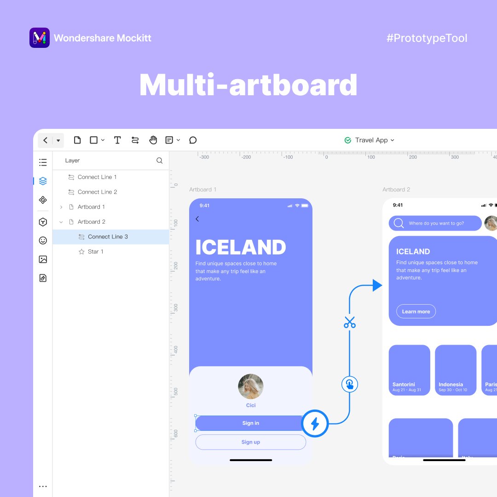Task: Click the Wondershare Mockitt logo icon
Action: (40, 38)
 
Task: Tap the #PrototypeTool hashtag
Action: (427, 38)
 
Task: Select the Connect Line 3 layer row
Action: (108, 237)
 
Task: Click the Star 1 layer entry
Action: (95, 252)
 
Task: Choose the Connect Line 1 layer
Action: (97, 177)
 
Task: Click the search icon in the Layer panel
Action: (160, 161)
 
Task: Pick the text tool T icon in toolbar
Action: (117, 140)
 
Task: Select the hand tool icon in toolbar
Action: (153, 140)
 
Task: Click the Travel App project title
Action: (371, 140)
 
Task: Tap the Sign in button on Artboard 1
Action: (250, 423)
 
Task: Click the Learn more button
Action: (416, 312)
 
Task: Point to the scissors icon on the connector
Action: (350, 322)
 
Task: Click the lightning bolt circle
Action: (315, 423)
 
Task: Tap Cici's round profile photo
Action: (251, 386)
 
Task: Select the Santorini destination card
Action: (409, 370)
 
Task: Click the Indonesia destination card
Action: (456, 370)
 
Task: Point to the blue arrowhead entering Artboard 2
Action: (377, 285)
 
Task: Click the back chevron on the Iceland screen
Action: (197, 219)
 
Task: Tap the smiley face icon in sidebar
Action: (43, 240)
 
